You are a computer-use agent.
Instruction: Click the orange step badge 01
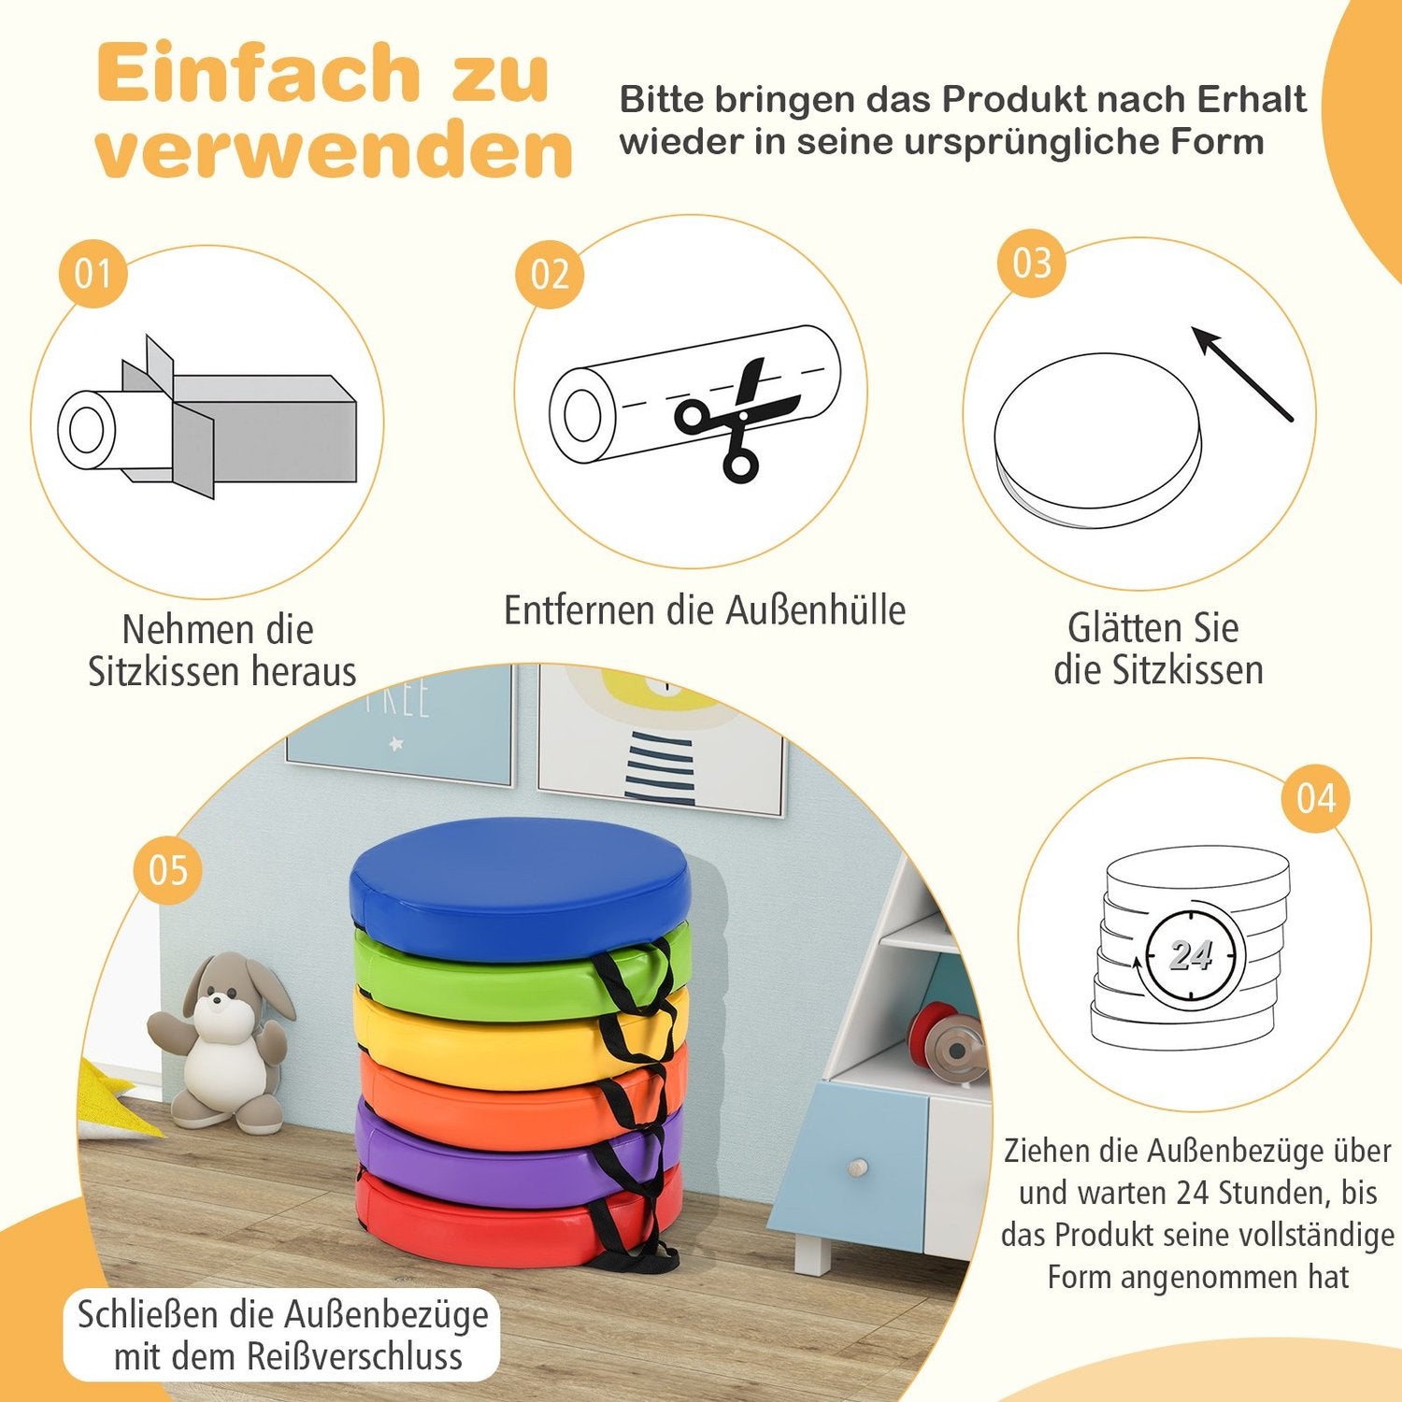click(93, 274)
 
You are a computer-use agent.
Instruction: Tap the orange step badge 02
click(549, 274)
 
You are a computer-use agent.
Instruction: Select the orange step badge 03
click(1031, 263)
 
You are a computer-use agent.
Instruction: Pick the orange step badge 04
click(1316, 798)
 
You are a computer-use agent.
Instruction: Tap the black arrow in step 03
click(1242, 374)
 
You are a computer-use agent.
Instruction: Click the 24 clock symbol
click(1191, 955)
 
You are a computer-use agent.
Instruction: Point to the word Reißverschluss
click(354, 1356)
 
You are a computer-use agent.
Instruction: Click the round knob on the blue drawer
click(857, 1167)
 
